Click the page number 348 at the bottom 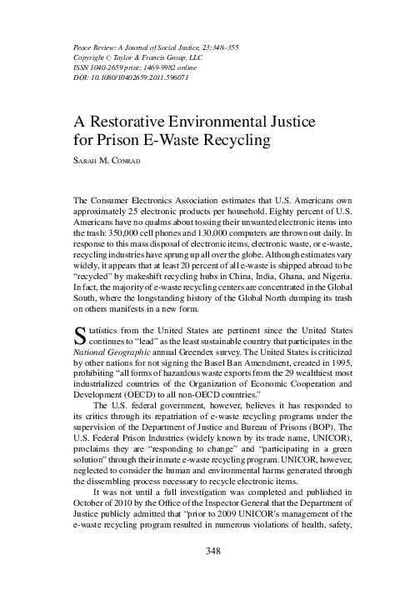click(x=209, y=575)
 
